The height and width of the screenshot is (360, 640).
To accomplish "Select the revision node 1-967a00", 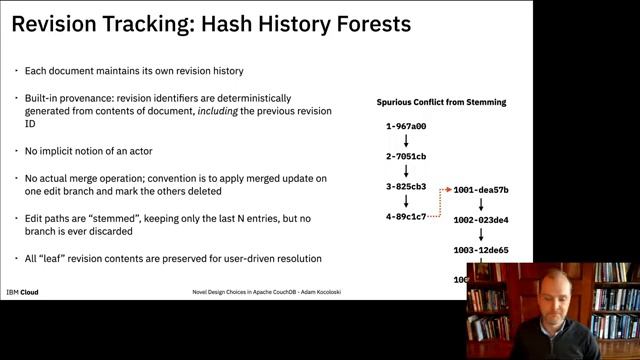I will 406,127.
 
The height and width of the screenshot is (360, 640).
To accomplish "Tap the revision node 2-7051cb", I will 406,157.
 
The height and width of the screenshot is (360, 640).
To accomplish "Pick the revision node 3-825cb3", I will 406,187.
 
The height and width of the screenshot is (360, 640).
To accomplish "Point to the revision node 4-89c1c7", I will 406,216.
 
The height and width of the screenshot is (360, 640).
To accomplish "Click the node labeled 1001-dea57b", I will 481,189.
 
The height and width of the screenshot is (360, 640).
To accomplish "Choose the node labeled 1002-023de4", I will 481,219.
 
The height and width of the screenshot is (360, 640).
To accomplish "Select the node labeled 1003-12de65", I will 481,250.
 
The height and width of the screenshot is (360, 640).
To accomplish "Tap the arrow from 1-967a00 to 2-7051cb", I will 406,142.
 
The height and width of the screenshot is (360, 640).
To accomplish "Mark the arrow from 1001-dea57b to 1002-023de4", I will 481,204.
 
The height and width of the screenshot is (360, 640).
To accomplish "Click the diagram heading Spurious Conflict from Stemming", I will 441,102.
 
